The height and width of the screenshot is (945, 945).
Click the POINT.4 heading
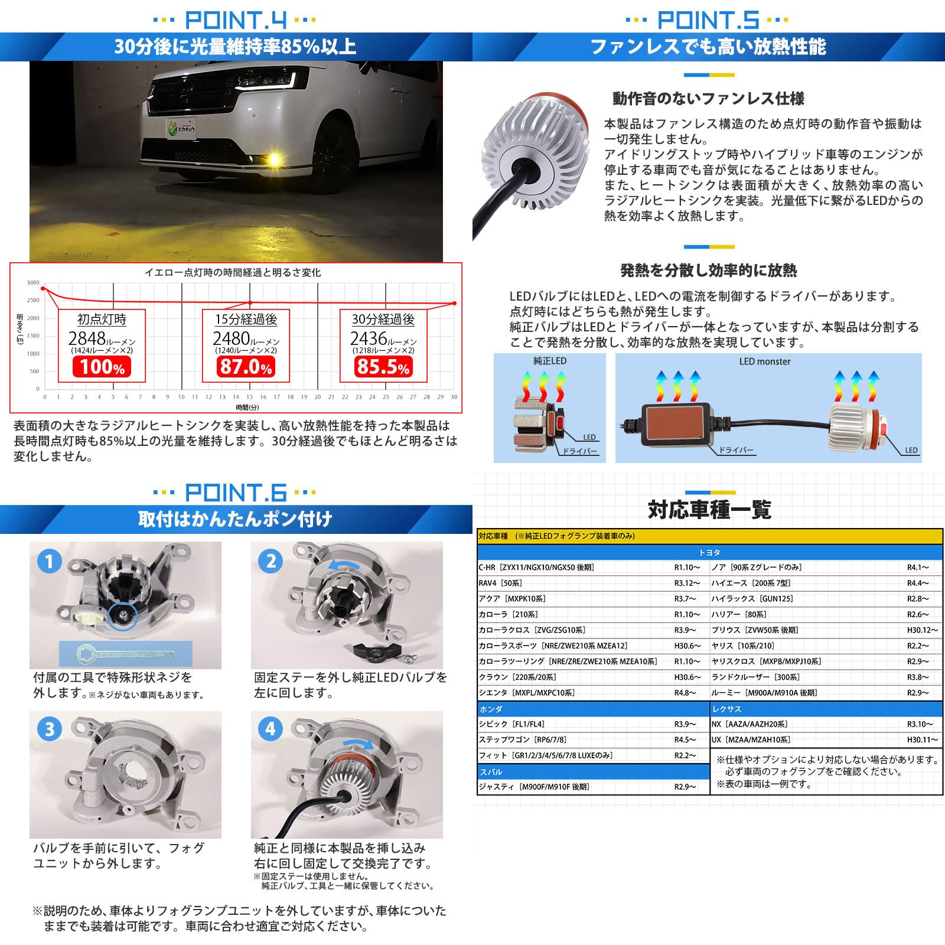pos(236,20)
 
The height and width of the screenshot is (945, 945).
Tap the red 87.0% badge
pos(246,367)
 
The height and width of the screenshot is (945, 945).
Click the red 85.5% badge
pos(383,367)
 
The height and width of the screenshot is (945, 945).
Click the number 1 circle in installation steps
pos(49,561)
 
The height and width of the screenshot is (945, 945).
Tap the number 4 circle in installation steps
pos(270,728)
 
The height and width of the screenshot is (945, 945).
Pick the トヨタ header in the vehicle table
pos(709,552)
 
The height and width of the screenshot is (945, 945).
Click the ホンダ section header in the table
pos(491,709)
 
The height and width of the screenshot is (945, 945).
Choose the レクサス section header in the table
pos(726,709)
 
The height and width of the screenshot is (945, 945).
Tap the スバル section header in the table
pos(491,771)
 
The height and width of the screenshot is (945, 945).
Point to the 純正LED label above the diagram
pos(549,361)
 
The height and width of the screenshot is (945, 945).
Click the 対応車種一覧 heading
pos(709,509)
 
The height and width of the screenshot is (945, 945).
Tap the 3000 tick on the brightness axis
pos(33,283)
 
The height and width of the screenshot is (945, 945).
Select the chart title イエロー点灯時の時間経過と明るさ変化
pos(233,272)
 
